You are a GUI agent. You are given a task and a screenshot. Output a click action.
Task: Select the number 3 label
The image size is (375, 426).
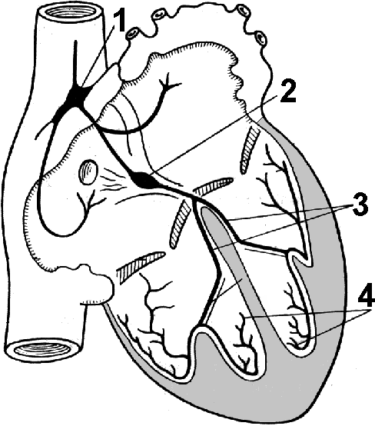tap(360, 205)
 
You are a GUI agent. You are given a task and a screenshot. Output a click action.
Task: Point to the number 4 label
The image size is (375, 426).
tap(365, 298)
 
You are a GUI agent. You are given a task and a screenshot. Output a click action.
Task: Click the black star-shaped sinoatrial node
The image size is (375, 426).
tap(77, 96)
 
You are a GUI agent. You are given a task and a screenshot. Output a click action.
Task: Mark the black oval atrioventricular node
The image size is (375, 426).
tap(144, 180)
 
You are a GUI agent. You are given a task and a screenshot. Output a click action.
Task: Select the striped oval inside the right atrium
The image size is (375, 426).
tap(88, 172)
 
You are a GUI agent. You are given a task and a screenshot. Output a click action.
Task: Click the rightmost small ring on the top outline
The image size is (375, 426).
tap(261, 38)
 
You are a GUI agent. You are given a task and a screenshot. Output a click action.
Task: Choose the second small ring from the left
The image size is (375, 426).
tap(157, 15)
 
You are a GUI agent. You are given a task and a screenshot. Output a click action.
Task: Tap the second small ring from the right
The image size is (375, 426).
tap(243, 10)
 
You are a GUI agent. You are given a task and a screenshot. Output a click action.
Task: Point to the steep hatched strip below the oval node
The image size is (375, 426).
tap(180, 223)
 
